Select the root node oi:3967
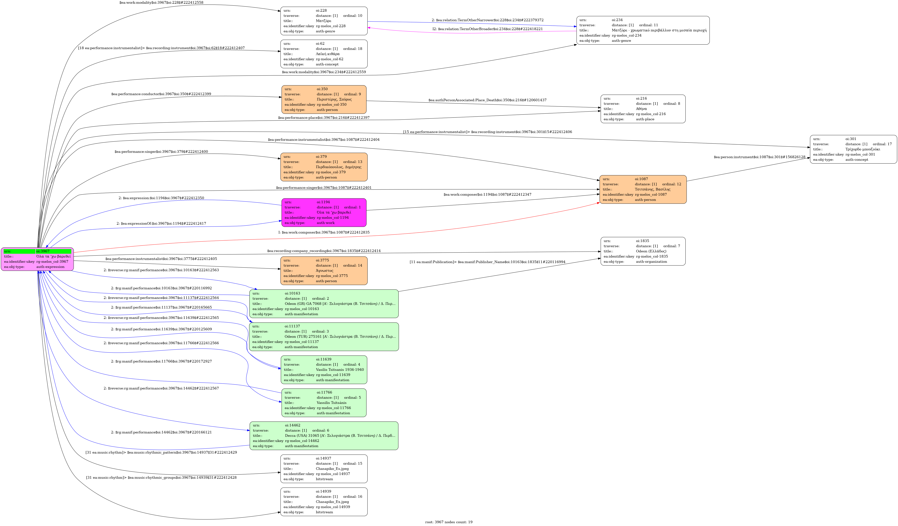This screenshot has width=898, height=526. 38,259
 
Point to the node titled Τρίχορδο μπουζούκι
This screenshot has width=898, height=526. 853,149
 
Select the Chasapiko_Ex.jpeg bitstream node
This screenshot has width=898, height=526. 324,502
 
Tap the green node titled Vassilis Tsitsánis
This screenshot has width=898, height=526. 324,403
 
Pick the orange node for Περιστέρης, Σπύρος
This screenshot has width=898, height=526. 324,99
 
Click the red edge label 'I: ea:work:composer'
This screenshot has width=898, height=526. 324,232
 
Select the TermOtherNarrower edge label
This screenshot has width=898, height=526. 488,20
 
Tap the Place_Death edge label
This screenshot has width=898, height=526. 487,100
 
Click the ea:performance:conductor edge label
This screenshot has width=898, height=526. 161,94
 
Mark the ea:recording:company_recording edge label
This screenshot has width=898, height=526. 324,251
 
